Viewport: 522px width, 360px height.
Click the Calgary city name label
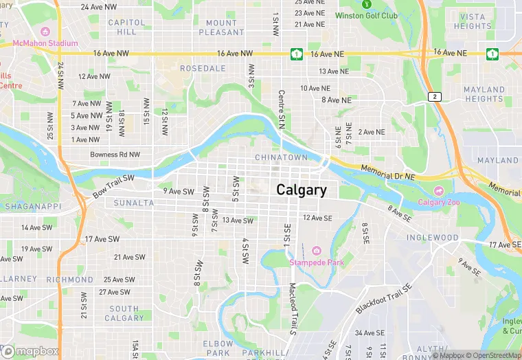302,190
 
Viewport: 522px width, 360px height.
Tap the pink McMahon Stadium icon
45,32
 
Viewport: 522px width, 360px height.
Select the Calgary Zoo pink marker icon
439,190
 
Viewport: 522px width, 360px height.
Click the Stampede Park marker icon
316,250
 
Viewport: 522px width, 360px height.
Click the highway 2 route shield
434,97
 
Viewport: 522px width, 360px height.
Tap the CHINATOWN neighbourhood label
281,157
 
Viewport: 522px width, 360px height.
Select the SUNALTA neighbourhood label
134,203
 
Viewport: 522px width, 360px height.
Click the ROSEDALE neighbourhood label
203,69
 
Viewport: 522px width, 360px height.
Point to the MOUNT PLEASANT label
221,27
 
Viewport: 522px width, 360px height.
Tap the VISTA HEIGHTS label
473,21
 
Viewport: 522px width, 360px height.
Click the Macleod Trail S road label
292,309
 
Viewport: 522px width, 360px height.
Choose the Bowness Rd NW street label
115,155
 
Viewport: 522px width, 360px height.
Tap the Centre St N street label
281,109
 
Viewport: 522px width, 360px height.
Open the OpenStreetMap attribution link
492,355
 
